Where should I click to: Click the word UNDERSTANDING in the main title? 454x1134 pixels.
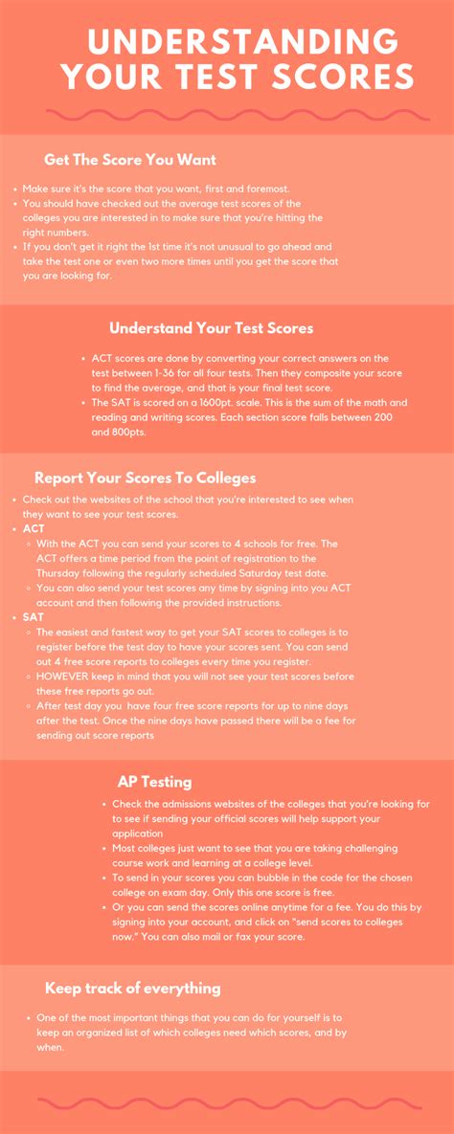[x=241, y=41]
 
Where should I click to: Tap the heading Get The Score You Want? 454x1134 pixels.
[x=130, y=160]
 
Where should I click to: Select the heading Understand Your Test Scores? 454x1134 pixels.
[x=211, y=328]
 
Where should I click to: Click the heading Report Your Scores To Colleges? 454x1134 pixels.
[x=145, y=478]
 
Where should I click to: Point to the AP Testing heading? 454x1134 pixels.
[x=154, y=782]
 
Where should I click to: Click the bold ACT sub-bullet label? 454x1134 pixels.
[x=34, y=528]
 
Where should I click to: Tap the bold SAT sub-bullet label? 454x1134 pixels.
[x=34, y=617]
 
